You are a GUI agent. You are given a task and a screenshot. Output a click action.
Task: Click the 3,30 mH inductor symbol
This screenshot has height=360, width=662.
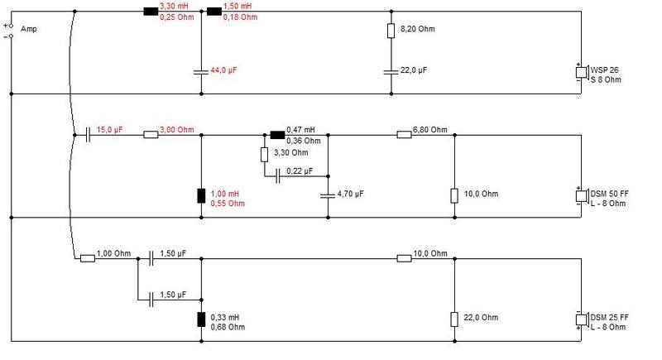151,12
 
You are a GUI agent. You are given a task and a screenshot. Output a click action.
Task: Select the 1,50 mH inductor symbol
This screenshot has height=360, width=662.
214,12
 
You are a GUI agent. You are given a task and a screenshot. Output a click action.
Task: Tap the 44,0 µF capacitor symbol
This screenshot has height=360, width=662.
201,72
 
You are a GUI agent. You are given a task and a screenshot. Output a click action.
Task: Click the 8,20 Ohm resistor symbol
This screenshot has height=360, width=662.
391,31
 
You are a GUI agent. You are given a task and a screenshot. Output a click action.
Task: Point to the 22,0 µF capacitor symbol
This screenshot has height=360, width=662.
391,72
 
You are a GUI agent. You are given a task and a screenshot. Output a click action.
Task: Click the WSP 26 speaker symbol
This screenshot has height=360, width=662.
583,72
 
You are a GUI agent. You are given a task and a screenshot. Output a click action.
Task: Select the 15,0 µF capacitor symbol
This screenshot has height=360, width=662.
88,135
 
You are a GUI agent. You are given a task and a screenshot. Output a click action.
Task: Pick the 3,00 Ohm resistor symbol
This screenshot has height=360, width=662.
151,135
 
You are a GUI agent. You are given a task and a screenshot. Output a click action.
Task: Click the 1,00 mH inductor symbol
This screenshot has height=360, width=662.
201,196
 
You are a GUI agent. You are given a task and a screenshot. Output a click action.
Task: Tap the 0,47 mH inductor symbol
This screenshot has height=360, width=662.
277,135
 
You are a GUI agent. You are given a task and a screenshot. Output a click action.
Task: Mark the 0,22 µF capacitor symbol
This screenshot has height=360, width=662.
277,176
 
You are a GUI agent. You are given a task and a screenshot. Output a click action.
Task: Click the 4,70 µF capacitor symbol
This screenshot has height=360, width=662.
328,195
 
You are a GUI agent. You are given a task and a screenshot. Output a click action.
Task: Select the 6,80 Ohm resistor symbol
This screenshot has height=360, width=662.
404,135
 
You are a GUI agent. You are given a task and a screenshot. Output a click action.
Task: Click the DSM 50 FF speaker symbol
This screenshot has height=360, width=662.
583,196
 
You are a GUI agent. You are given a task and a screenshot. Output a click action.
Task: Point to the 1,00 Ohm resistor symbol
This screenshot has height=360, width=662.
88,258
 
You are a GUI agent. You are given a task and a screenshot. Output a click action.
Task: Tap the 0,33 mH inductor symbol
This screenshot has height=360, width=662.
201,319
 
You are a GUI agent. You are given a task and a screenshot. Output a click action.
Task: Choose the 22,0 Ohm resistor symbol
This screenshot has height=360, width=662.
454,319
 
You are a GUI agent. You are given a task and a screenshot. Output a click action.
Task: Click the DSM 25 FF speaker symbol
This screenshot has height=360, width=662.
583,319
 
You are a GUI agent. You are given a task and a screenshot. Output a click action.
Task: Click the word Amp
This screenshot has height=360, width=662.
29,29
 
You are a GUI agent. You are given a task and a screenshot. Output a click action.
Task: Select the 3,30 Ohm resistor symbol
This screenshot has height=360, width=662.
264,155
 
